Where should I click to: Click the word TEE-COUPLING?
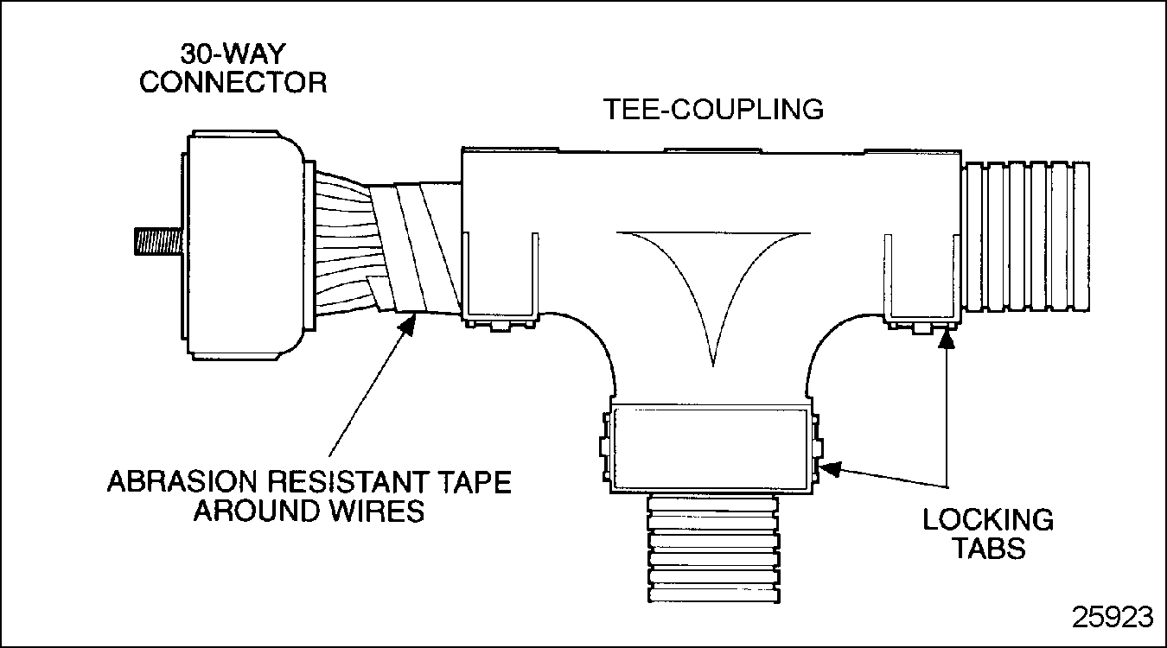(711, 110)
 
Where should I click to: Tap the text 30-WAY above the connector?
(233, 54)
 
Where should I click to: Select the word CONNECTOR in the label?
(233, 83)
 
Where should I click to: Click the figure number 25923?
(1113, 617)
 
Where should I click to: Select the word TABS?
(988, 549)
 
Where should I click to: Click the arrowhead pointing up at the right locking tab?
(948, 339)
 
